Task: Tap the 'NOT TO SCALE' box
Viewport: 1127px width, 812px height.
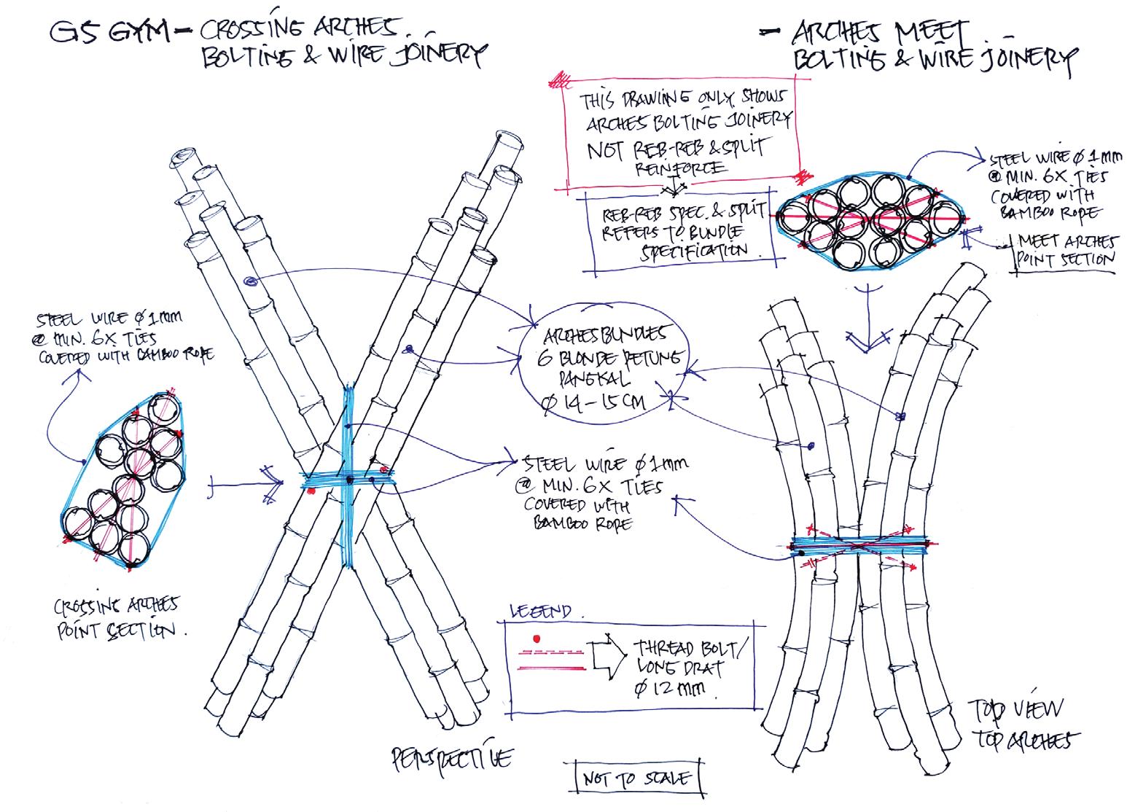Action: pyautogui.click(x=636, y=778)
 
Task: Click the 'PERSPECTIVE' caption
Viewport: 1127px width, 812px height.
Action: pyautogui.click(x=451, y=760)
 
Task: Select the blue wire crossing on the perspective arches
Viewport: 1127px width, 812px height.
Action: pyautogui.click(x=348, y=479)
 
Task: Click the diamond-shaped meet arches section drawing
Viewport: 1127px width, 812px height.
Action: pyautogui.click(x=870, y=218)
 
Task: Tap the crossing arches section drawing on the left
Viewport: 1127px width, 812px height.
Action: pyautogui.click(x=123, y=483)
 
